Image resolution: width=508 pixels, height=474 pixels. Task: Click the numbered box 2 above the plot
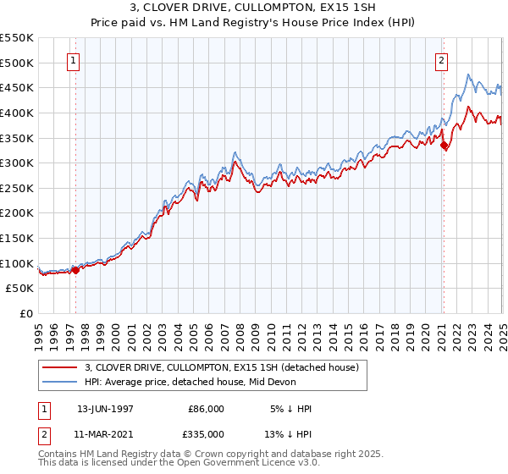[x=442, y=60]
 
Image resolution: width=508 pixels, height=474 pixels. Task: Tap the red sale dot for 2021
[x=444, y=145]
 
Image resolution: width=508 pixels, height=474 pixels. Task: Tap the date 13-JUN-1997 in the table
[x=105, y=409]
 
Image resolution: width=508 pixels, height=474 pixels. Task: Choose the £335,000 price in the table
[x=206, y=434]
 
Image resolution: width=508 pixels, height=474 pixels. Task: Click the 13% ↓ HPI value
[x=287, y=434]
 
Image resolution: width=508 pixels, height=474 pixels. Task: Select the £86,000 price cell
[x=206, y=409]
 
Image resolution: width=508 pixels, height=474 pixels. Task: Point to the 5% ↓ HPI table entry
[x=290, y=409]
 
